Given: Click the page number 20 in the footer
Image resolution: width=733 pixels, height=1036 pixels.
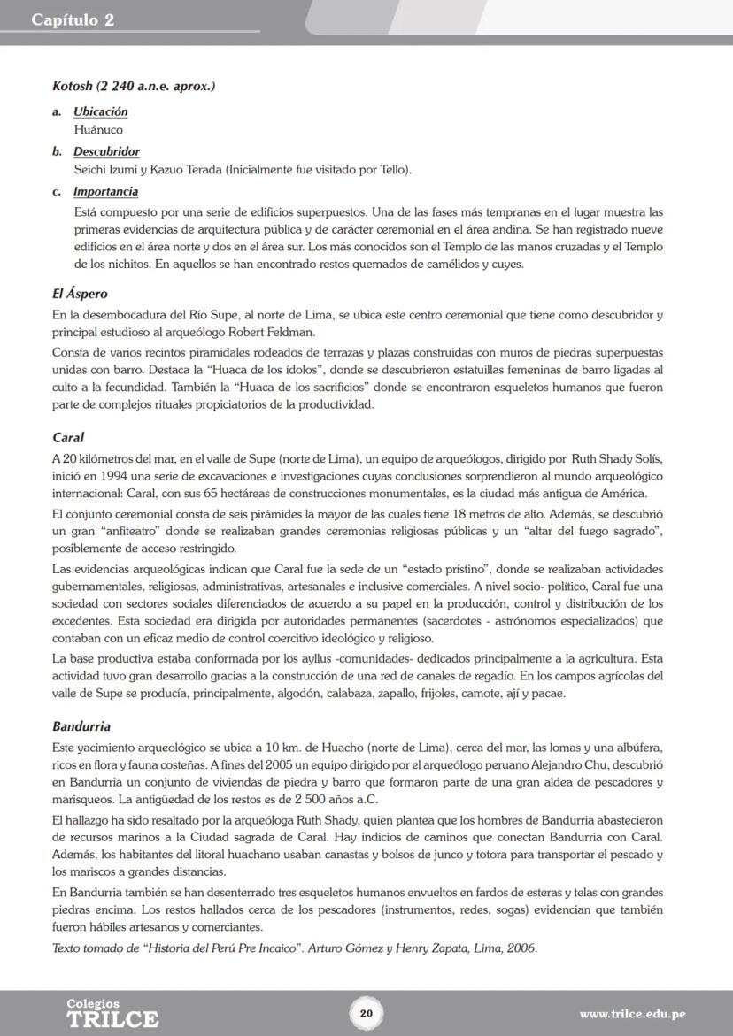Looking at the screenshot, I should click(366, 1013).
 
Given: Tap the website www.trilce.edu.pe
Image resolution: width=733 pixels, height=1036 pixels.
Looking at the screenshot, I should click(632, 1014).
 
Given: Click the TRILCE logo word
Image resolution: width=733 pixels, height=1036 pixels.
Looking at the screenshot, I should click(112, 1019).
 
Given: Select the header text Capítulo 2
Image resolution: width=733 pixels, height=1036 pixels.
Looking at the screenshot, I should click(73, 19).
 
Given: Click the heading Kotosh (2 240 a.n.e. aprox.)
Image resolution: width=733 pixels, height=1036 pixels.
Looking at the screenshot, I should click(134, 87).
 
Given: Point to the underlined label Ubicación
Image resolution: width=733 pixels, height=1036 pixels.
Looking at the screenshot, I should click(100, 111).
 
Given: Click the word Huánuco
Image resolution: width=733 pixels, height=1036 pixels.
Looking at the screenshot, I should click(98, 130).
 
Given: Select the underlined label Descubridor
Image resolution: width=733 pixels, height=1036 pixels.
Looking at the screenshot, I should click(106, 151).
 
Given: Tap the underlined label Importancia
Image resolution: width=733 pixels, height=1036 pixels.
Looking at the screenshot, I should click(105, 191).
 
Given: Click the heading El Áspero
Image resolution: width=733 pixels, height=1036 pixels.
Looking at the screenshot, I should click(80, 294).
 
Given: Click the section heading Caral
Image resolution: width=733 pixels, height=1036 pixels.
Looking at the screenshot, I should click(68, 437).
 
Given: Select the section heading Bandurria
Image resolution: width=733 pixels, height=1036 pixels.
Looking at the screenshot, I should click(81, 726).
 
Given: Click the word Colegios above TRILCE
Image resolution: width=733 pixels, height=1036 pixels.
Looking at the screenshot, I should click(93, 1003).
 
